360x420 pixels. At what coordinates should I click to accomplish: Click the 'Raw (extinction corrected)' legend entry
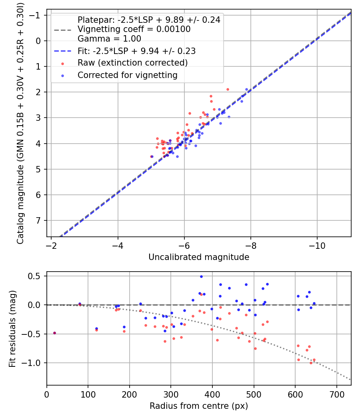point(132,63)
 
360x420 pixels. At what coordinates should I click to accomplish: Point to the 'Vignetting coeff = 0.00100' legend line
point(134,29)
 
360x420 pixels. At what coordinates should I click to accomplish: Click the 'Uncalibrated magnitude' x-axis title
point(199,257)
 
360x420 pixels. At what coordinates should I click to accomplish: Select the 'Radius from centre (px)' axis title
point(199,406)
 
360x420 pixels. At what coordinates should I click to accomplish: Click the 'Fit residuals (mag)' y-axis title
point(12,328)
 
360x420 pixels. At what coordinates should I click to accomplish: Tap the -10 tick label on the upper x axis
point(317,244)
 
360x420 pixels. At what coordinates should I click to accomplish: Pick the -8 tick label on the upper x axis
point(250,244)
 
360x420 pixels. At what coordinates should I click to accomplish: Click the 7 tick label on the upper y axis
point(39,220)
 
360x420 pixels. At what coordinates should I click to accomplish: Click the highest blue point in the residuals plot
point(201,276)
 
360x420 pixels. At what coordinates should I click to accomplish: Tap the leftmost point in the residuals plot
point(54,333)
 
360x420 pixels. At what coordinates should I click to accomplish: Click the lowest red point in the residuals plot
point(311,363)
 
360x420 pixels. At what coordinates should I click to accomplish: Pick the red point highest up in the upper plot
point(228,89)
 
